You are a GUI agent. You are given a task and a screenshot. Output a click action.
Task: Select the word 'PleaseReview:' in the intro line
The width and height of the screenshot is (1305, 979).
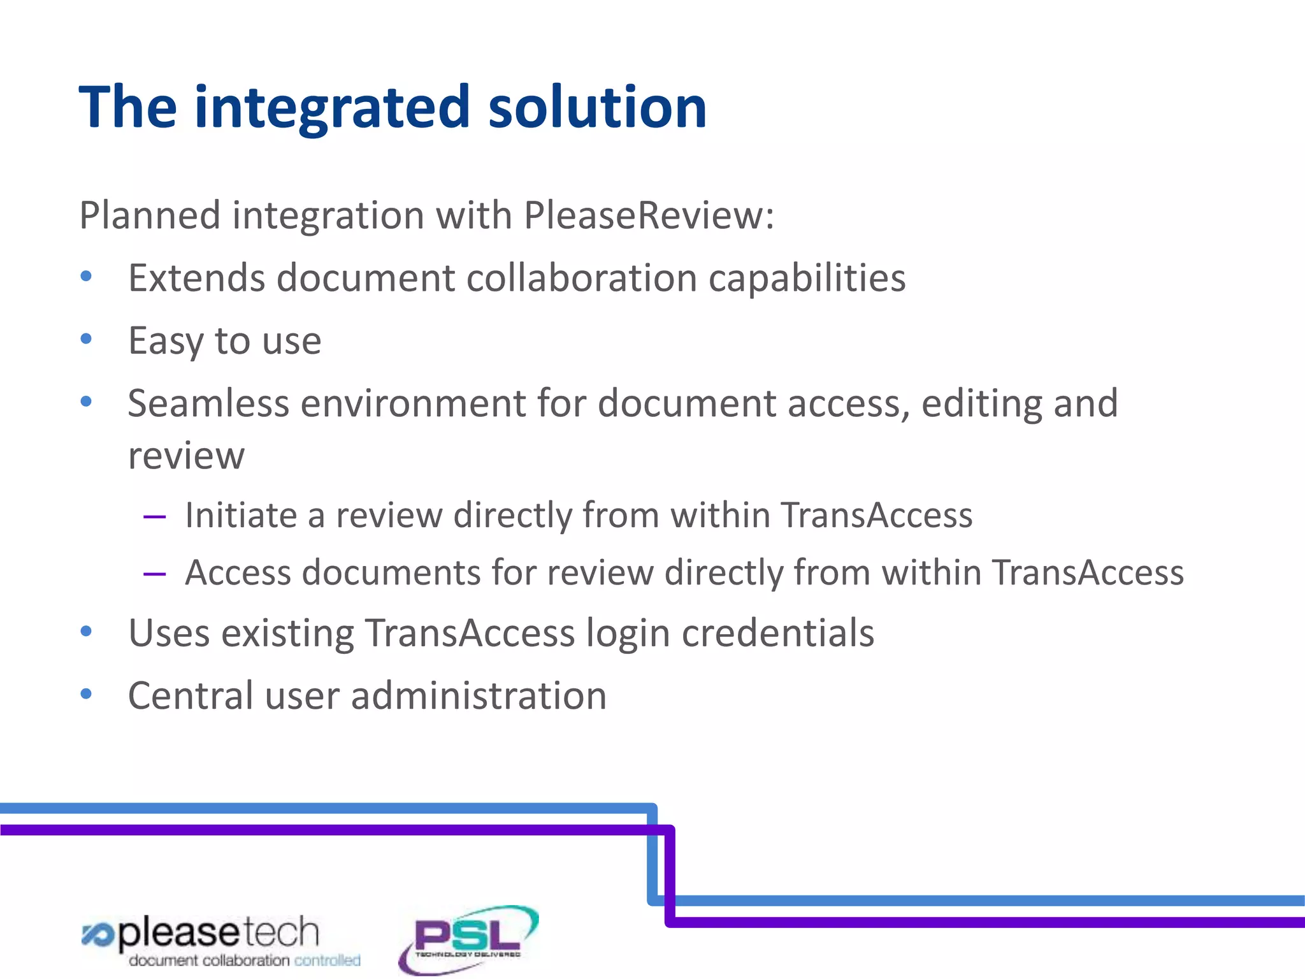pyautogui.click(x=649, y=215)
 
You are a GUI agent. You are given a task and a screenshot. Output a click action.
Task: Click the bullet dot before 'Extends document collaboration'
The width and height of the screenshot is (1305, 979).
pyautogui.click(x=87, y=277)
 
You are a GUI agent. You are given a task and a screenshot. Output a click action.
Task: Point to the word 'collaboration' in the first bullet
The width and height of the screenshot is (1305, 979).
pyautogui.click(x=582, y=278)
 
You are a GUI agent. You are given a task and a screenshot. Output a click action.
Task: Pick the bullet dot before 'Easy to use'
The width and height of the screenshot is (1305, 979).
pyautogui.click(x=87, y=339)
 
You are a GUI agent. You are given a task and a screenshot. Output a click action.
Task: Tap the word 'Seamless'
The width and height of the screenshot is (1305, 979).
pyautogui.click(x=208, y=403)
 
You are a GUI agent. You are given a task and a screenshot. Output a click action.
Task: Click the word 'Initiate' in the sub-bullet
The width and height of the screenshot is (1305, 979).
pyautogui.click(x=241, y=515)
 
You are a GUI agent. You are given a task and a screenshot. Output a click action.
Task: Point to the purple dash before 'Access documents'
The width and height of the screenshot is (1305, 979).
pyautogui.click(x=155, y=574)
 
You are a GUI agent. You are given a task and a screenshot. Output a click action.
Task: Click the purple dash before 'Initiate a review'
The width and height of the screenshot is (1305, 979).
pyautogui.click(x=155, y=516)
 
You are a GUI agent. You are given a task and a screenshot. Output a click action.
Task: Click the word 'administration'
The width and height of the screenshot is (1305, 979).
pyautogui.click(x=479, y=695)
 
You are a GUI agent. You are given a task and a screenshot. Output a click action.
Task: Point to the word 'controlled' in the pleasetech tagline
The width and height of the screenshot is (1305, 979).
pyautogui.click(x=327, y=961)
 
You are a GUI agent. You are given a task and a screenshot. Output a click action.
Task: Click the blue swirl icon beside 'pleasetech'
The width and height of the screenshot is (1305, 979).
pyautogui.click(x=97, y=935)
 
